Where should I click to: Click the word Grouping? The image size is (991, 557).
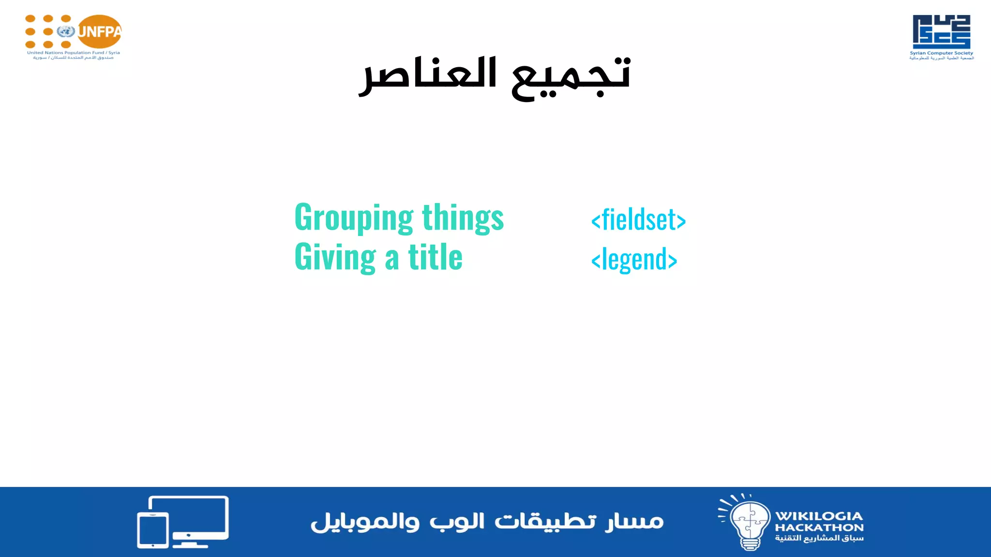pyautogui.click(x=354, y=218)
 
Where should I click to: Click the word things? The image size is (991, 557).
pyautogui.click(x=463, y=218)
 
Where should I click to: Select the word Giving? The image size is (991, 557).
pyautogui.click(x=335, y=257)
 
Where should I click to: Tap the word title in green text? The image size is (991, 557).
pyautogui.click(x=435, y=257)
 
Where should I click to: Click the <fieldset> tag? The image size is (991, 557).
pyautogui.click(x=638, y=220)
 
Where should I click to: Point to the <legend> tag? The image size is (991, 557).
pyautogui.click(x=634, y=260)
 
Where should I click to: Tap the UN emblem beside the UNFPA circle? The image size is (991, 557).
pyautogui.click(x=65, y=32)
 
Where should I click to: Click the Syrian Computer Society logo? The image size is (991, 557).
pyautogui.click(x=941, y=31)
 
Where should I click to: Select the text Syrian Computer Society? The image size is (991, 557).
pyautogui.click(x=941, y=53)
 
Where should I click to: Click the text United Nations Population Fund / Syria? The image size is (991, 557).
pyautogui.click(x=74, y=53)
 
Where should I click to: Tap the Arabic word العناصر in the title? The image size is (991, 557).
pyautogui.click(x=428, y=75)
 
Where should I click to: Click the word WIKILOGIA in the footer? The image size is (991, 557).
pyautogui.click(x=819, y=516)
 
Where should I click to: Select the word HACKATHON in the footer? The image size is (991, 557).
pyautogui.click(x=819, y=528)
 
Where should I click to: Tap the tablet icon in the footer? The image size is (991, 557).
pyautogui.click(x=153, y=530)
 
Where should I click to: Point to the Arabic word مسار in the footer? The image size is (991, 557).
pyautogui.click(x=634, y=521)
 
